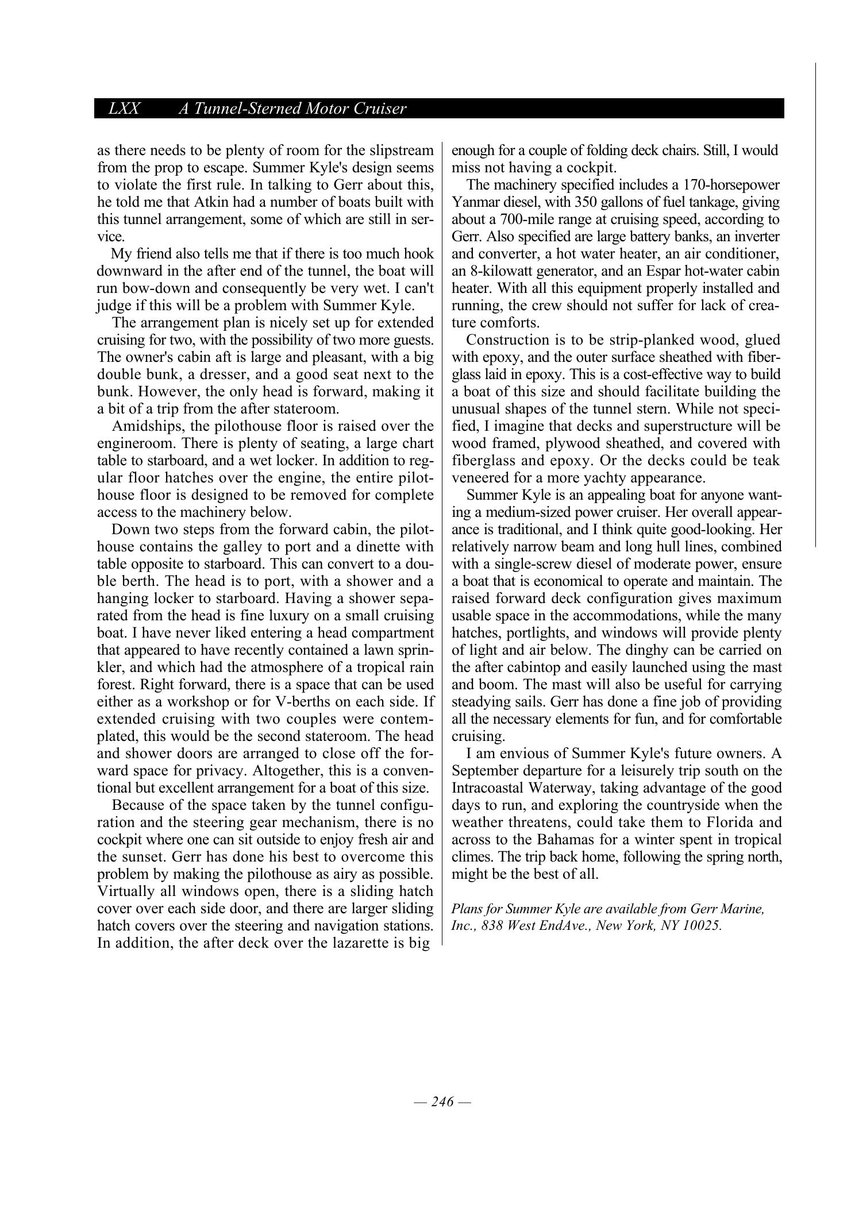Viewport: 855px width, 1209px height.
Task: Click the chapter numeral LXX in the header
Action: tap(124, 109)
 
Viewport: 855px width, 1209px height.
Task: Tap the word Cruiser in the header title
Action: tap(379, 109)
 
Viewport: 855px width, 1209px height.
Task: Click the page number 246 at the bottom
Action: tap(442, 1101)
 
